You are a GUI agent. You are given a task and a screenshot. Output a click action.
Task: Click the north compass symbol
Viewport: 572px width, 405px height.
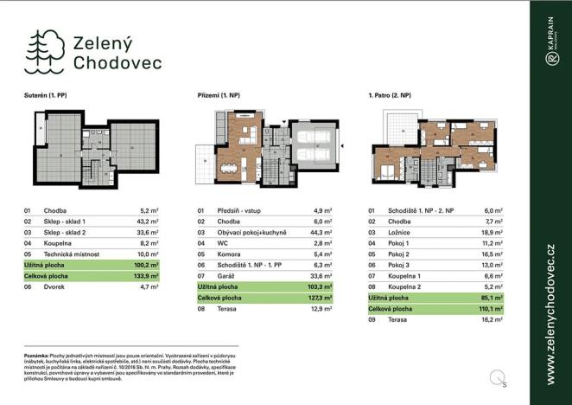click(497, 376)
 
